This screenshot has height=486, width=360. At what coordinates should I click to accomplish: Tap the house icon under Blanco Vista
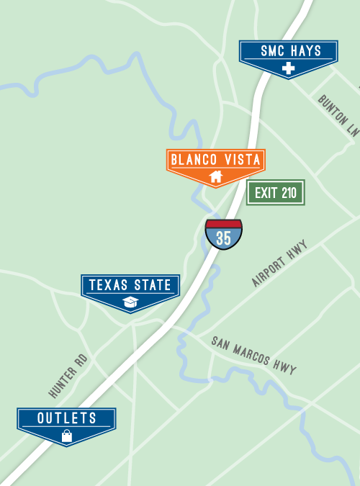[x=215, y=176]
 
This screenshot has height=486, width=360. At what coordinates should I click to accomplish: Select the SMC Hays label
[x=288, y=51]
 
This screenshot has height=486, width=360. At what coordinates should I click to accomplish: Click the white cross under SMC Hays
[x=289, y=69]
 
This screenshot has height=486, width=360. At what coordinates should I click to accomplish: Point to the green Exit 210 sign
[x=276, y=193]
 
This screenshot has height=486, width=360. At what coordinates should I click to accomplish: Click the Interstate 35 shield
[x=224, y=235]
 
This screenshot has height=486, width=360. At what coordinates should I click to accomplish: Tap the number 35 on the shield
[x=224, y=239]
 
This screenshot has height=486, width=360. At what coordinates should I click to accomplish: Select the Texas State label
[x=130, y=286]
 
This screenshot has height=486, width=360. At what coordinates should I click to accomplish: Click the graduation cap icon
[x=130, y=302]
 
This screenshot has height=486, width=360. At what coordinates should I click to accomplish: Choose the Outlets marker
[x=67, y=418]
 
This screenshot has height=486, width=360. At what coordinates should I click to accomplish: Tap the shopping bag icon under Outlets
[x=67, y=436]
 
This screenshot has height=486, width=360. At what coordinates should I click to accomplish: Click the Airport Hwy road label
[x=279, y=264]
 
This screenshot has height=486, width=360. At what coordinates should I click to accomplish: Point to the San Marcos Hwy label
[x=254, y=355]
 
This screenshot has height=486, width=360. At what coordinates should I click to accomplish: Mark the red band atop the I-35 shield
[x=224, y=224]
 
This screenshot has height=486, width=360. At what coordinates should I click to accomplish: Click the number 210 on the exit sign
[x=289, y=193]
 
